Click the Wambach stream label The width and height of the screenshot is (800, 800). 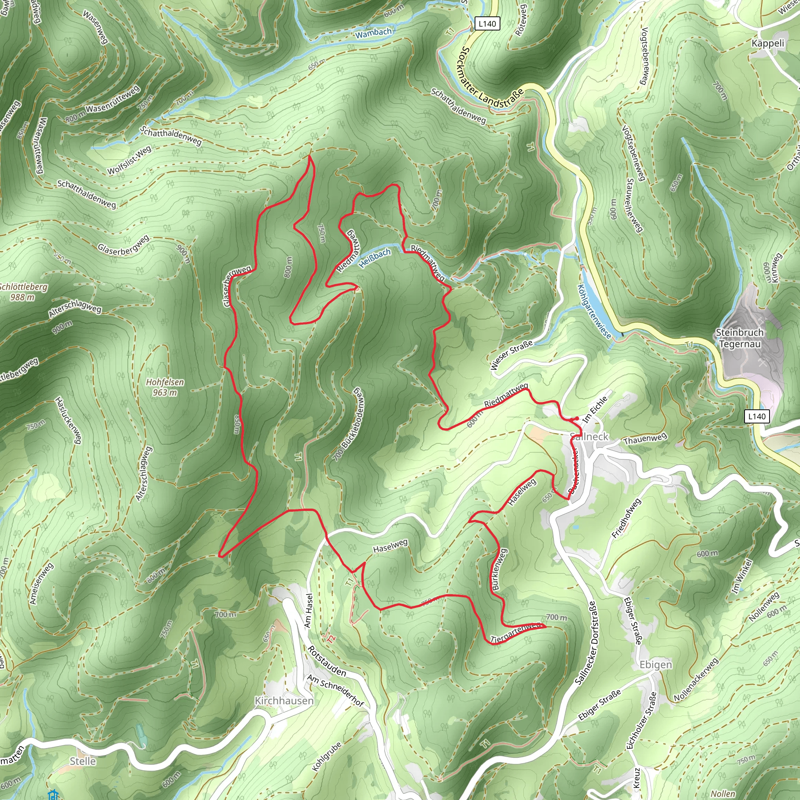[x=373, y=33]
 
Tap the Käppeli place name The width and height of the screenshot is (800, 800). [x=768, y=43]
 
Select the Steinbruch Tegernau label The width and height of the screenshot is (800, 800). [x=739, y=338]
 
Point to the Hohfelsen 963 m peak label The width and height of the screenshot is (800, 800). [x=165, y=387]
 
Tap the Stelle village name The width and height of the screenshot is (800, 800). [x=83, y=761]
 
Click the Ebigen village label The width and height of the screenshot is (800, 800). [x=656, y=664]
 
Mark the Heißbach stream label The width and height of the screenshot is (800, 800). [x=374, y=258]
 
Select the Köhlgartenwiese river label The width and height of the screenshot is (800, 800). [x=594, y=311]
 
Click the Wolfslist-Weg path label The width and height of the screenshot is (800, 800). [x=129, y=161]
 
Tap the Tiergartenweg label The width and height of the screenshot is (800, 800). [x=516, y=633]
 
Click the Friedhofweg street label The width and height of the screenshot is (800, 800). [x=626, y=518]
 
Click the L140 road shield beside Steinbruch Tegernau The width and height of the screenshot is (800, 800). [x=757, y=416]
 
